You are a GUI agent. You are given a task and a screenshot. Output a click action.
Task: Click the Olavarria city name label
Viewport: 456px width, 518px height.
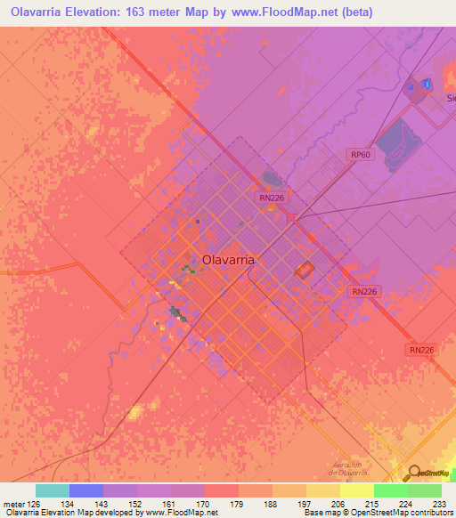click(229, 260)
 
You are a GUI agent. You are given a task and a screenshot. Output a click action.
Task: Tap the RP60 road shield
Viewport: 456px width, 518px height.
click(360, 154)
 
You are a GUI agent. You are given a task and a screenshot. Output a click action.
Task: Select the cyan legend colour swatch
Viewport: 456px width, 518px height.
click(53, 490)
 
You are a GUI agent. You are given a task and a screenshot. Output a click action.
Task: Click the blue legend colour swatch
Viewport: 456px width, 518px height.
click(86, 490)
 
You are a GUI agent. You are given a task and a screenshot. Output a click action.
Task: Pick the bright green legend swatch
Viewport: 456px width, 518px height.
click(390, 490)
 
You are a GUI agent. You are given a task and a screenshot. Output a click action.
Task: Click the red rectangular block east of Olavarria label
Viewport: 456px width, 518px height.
click(305, 270)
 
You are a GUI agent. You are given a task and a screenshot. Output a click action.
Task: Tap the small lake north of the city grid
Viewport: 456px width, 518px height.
click(271, 180)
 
